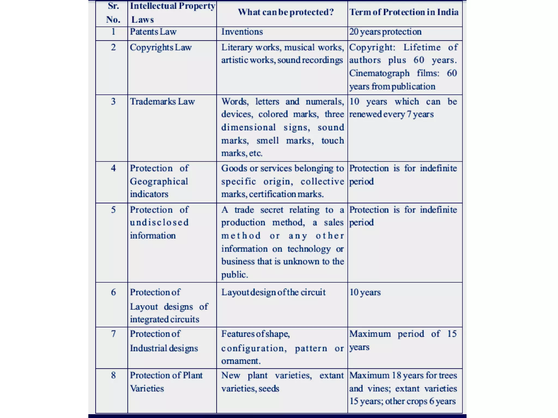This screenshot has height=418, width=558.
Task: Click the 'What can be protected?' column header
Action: point(286,12)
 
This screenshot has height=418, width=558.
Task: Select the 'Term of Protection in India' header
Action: point(404,12)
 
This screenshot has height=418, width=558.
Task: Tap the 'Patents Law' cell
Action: point(153,32)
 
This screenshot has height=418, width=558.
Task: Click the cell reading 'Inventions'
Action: point(242,32)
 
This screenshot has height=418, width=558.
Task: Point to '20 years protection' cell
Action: point(385,32)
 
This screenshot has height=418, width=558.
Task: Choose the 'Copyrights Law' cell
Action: point(161,48)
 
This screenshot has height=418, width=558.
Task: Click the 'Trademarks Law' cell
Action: point(162,102)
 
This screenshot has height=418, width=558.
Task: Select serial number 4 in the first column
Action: point(113,168)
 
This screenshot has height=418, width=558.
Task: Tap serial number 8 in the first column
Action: point(113,376)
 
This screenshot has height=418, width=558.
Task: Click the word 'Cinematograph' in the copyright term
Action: point(379,73)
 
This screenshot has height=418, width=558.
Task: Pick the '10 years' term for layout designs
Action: point(365,293)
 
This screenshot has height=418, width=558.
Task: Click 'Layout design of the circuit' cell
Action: point(273,293)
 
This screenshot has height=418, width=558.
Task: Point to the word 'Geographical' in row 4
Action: point(159,182)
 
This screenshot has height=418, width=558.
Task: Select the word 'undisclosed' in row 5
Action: point(159,223)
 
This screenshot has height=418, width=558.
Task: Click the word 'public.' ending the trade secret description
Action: point(235,275)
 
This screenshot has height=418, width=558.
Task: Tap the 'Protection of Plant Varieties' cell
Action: point(166,382)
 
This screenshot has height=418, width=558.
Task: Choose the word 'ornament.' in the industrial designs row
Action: point(241,361)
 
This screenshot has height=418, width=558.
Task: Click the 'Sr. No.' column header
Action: point(113,13)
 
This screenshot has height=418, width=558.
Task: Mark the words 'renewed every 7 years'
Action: point(391,114)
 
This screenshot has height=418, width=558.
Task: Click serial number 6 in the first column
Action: point(113,293)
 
